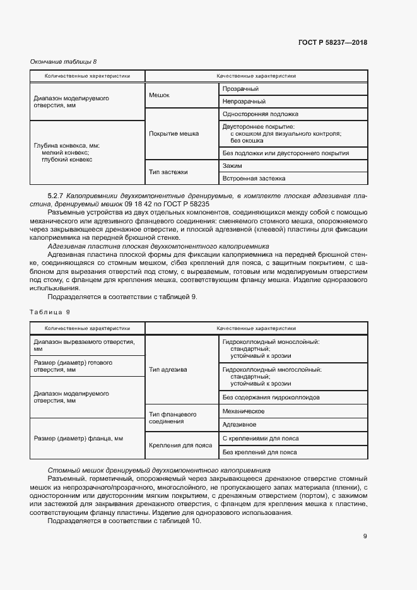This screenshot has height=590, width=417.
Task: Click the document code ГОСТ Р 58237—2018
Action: click(332, 43)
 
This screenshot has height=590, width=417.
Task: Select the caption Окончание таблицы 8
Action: click(64, 61)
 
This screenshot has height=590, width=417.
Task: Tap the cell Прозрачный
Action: click(240, 89)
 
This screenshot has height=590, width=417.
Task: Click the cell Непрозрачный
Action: click(244, 102)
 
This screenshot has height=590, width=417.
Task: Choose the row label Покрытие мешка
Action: click(173, 134)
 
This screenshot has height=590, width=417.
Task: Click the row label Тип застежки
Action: click(168, 172)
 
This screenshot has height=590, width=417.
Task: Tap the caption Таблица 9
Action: click(50, 312)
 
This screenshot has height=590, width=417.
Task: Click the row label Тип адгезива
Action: click(168, 370)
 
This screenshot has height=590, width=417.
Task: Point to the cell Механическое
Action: click(243, 411)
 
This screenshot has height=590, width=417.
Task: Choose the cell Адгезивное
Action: click(239, 425)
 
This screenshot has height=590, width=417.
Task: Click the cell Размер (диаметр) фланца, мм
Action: click(78, 438)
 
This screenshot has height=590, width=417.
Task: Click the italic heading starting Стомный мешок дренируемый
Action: click(159, 470)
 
